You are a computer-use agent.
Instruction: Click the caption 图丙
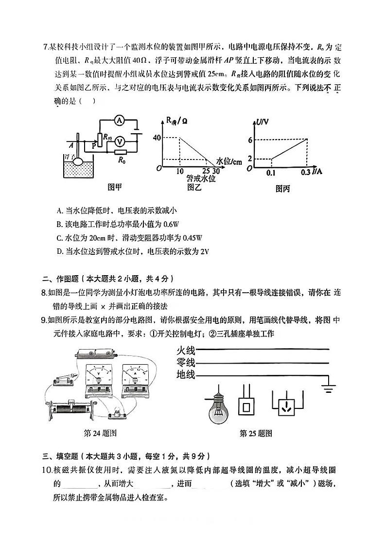click(282, 189)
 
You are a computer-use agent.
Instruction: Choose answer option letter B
click(59, 224)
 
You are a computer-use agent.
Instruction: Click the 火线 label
click(185, 350)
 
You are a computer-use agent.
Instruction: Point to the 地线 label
click(185, 374)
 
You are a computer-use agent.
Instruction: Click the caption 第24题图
click(100, 433)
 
